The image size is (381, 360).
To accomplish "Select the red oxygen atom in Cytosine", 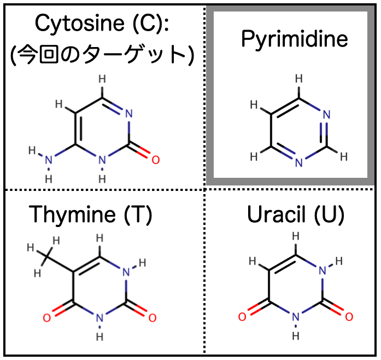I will [x=156, y=160].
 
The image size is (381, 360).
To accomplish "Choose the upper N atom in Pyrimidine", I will [x=326, y=114].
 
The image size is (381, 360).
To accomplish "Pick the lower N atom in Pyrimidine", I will [x=298, y=162].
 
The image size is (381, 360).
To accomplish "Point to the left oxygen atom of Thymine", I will [x=47, y=318].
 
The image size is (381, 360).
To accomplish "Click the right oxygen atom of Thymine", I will [x=153, y=318].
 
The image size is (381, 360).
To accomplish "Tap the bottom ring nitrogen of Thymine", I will [x=99, y=318].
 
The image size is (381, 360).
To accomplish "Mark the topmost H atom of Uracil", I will [x=295, y=236].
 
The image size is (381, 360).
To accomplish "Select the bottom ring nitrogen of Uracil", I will [x=295, y=317].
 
